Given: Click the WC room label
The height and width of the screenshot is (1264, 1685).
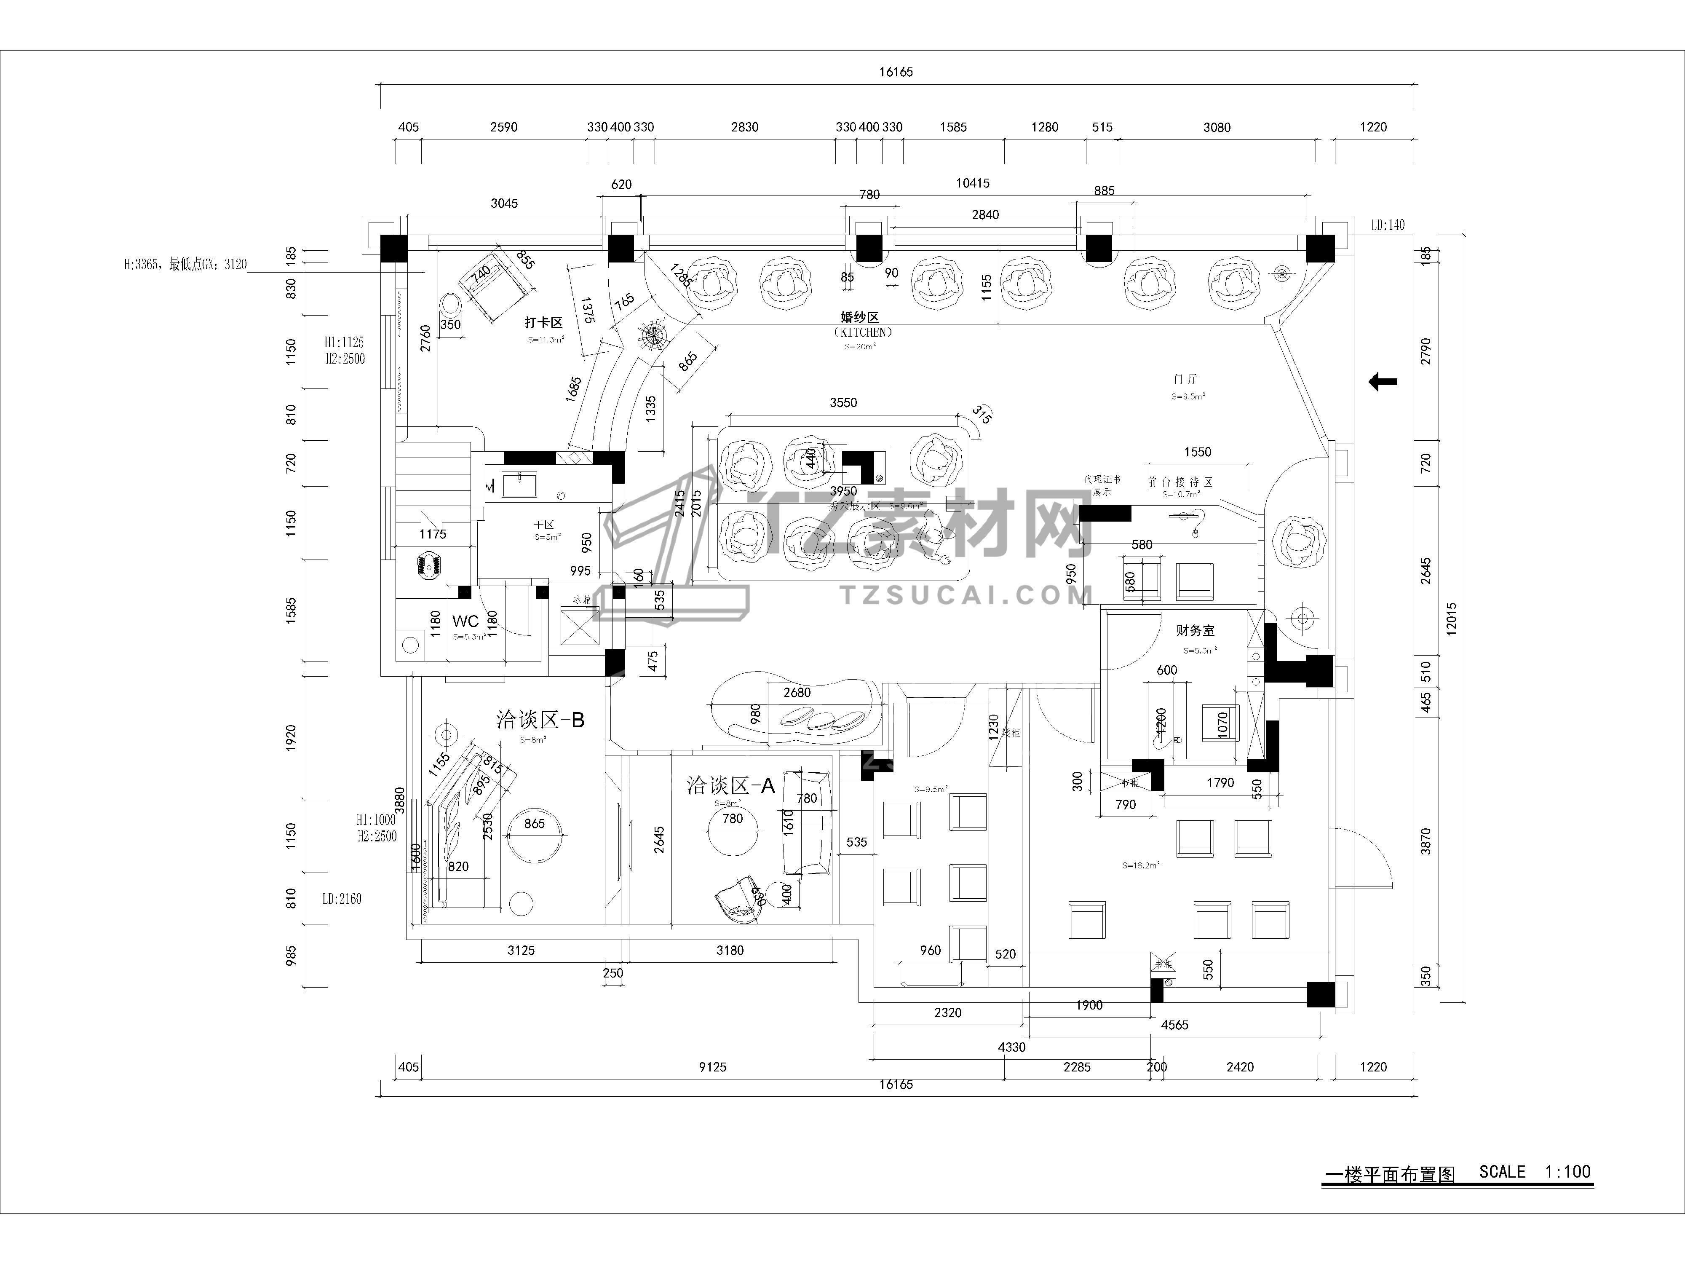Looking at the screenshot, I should coord(465,621).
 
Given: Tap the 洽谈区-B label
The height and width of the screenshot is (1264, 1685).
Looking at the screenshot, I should coord(540,719).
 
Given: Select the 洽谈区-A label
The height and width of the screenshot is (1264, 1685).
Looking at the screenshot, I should coord(730,785).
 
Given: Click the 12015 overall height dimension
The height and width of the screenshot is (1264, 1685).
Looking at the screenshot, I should coord(1451,619).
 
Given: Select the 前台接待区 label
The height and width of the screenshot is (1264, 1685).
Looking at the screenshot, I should coord(1180,482).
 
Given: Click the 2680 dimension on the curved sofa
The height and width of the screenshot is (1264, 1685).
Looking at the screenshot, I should coord(797,693).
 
